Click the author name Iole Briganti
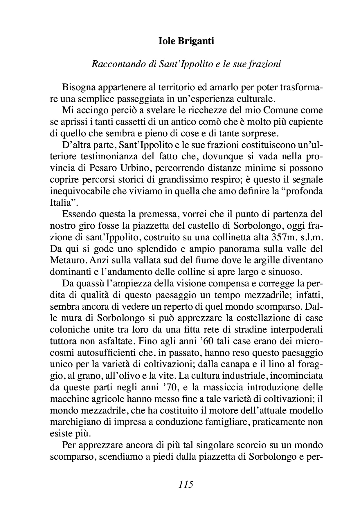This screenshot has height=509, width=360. (186, 41)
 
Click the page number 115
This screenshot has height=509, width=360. (186, 484)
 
